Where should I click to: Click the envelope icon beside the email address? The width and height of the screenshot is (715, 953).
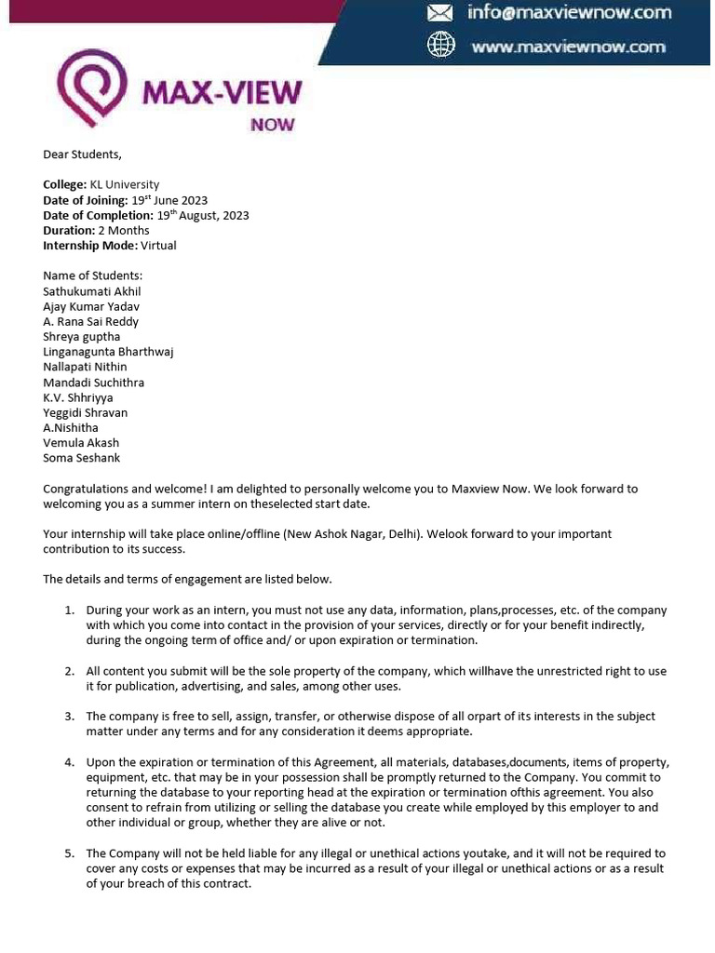tap(439, 13)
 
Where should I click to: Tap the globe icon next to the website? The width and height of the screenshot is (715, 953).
tap(439, 46)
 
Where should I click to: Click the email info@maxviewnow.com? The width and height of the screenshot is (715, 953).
tap(569, 13)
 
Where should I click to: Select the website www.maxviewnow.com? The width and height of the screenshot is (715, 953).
tap(568, 47)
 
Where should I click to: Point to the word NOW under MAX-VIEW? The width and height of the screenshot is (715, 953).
tap(273, 124)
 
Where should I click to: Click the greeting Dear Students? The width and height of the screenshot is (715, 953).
tap(82, 154)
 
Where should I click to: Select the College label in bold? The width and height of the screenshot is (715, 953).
tap(64, 185)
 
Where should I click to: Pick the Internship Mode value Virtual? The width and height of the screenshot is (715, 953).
tap(157, 246)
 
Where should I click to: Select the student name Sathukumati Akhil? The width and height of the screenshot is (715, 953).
tap(92, 291)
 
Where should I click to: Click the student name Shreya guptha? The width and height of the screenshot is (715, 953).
tap(82, 337)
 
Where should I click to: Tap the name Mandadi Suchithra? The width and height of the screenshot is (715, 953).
tap(93, 383)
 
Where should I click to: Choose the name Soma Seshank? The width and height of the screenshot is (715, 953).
tap(82, 458)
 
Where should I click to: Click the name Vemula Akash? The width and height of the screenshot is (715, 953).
tap(81, 443)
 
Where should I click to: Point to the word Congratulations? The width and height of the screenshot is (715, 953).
tap(87, 489)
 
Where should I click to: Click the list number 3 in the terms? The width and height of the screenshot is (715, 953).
tap(69, 717)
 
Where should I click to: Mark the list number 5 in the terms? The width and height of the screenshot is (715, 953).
tap(69, 853)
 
